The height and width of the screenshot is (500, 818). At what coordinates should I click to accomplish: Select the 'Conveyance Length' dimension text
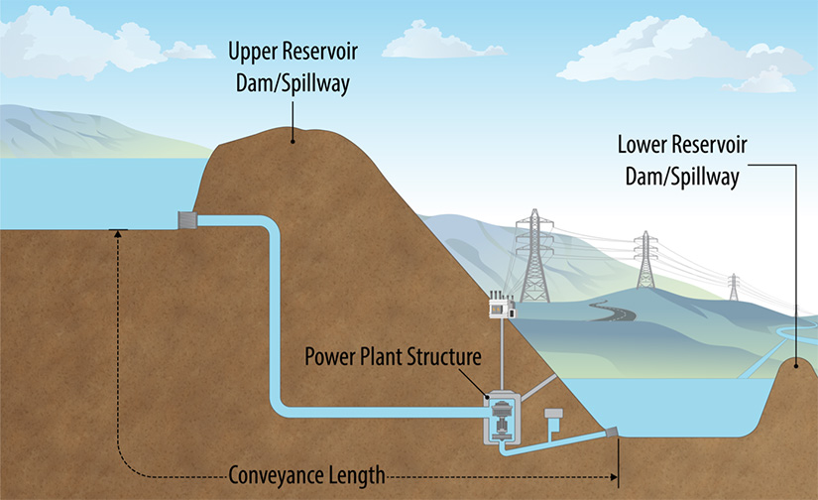pos(305,475)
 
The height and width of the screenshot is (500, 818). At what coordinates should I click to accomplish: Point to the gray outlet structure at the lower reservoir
pos(613,434)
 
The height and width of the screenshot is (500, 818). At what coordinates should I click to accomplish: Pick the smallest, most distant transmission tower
pos(734,287)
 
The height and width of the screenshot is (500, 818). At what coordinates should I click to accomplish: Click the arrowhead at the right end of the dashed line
pos(614,476)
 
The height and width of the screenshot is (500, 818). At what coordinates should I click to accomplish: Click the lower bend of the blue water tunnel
pos(279,406)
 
